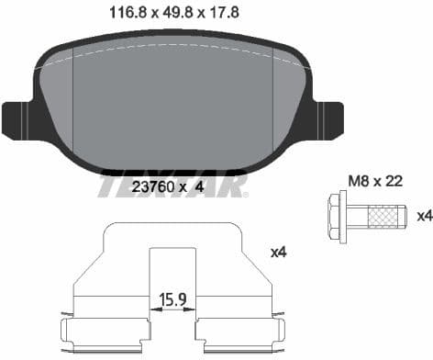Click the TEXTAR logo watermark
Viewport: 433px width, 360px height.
click(x=172, y=186)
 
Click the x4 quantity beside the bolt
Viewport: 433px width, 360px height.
click(x=424, y=216)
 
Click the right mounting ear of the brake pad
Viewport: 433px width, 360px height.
click(x=326, y=118)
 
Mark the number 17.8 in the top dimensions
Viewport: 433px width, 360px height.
click(x=225, y=14)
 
